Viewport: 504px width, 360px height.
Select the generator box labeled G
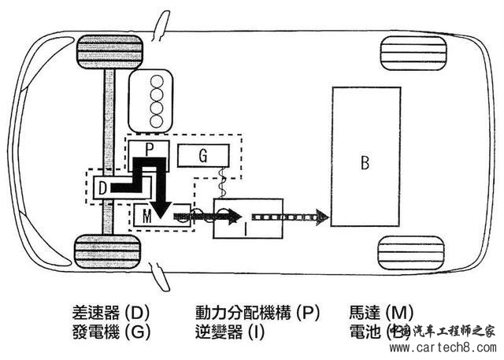pyautogui.click(x=203, y=155)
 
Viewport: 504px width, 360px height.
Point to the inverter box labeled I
pyautogui.click(x=246, y=228)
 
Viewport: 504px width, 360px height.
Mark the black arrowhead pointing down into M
pyautogui.click(x=161, y=207)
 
